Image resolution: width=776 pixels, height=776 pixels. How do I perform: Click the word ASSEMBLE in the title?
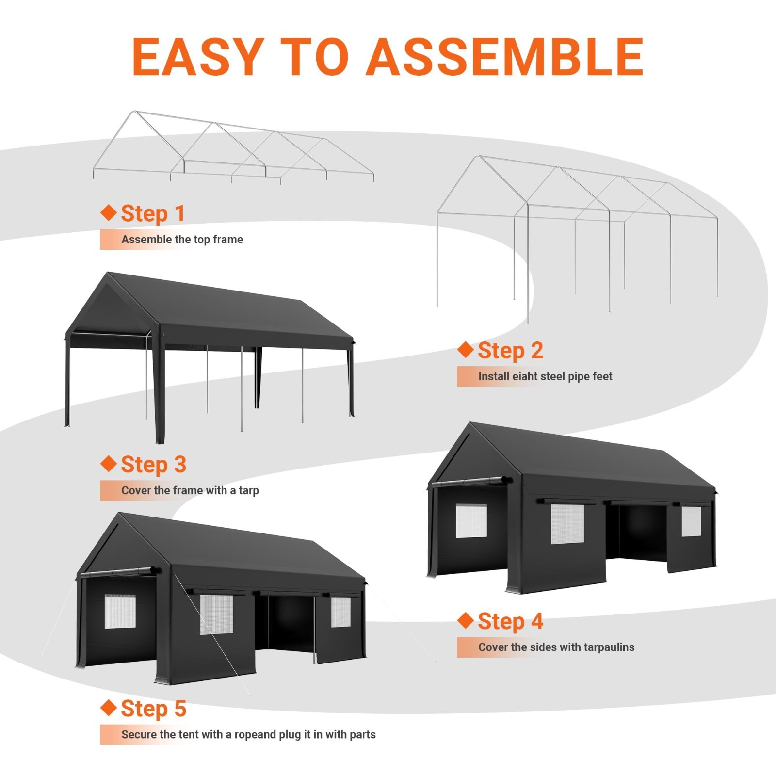(x=504, y=57)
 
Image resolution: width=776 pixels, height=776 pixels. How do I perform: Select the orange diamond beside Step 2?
(x=465, y=350)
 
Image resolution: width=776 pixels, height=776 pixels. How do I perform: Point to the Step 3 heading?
(x=153, y=465)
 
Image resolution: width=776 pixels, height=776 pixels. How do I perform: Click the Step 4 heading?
(x=510, y=622)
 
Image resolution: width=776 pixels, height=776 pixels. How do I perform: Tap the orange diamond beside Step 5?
(x=108, y=707)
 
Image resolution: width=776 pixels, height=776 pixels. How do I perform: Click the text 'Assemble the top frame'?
(x=182, y=240)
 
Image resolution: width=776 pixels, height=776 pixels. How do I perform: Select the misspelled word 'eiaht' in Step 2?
(x=525, y=376)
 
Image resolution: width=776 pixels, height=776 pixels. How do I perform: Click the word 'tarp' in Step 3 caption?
(x=248, y=490)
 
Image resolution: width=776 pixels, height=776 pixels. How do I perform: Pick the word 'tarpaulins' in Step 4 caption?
(x=609, y=647)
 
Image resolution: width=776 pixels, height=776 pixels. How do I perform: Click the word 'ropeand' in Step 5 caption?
(x=255, y=734)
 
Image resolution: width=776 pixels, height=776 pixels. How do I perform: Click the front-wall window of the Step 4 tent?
(x=471, y=521)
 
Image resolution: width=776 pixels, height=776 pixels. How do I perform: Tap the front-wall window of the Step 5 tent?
(x=120, y=612)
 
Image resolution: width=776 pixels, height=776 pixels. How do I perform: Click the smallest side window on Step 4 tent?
(x=691, y=521)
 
